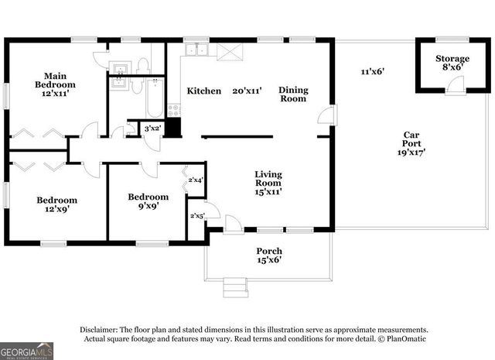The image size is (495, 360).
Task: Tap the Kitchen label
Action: click(204, 91)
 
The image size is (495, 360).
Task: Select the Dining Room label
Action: click(293, 94)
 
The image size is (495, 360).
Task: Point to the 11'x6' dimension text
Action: click(373, 72)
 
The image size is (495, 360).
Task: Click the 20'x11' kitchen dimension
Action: click(247, 91)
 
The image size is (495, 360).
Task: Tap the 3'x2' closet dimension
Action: click(152, 128)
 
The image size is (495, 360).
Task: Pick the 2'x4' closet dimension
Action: click(195, 180)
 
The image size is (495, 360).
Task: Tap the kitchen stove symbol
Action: click(173, 111)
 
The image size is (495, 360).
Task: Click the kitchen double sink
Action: click(197, 51)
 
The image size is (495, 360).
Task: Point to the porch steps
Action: click(236, 288)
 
